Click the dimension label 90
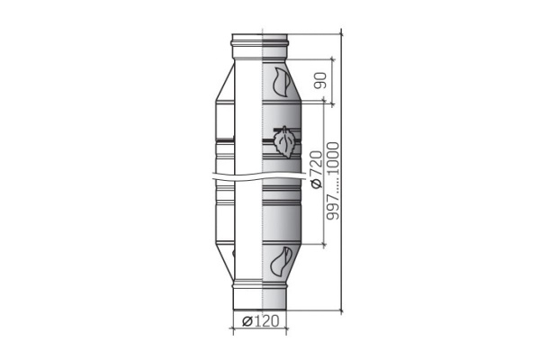click(320, 81)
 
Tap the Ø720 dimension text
click(317, 169)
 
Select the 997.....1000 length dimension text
click(333, 181)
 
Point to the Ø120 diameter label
click(260, 321)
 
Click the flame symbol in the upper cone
click(282, 82)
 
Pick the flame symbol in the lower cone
click(282, 262)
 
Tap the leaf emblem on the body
click(284, 142)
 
